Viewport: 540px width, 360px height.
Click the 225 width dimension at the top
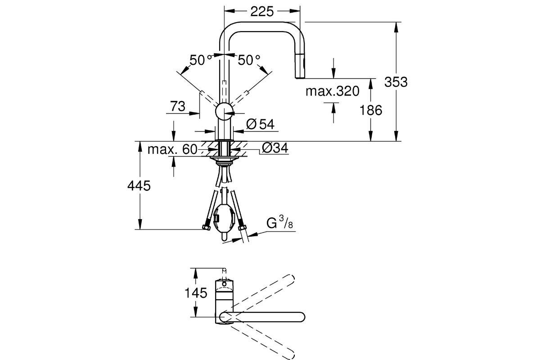[261, 12]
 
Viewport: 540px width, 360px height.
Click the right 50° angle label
[249, 60]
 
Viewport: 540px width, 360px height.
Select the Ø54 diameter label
[261, 124]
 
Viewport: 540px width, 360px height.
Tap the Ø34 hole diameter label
[275, 148]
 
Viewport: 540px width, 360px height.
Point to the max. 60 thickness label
[173, 149]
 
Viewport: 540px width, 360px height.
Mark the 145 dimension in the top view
[196, 293]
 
